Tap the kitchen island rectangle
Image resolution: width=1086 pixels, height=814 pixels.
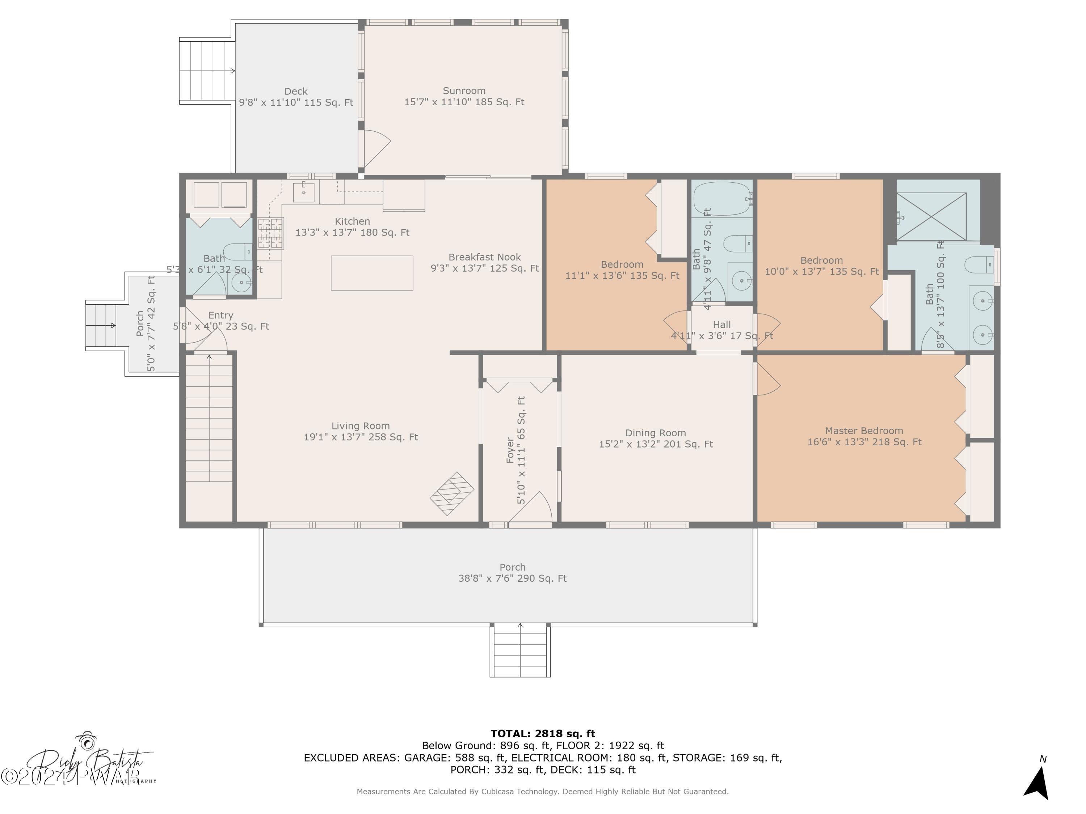click(x=372, y=273)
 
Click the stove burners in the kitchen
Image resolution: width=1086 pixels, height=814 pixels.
click(x=270, y=233)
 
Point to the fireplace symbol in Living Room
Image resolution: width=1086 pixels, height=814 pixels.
click(x=452, y=493)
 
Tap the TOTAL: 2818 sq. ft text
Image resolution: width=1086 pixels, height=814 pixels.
click(x=543, y=734)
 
